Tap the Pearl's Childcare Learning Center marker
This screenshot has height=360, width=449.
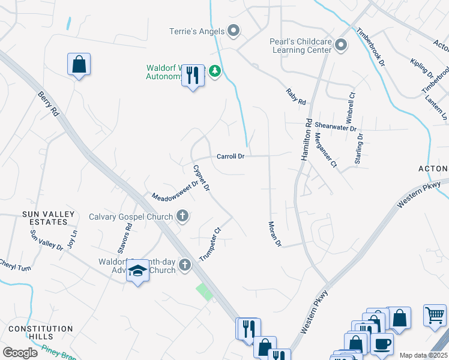tap(341, 45)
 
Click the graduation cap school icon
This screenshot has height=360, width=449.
tap(138, 272)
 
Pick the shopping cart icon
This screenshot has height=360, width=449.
tap(435, 314)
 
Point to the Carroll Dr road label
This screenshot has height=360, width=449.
tap(231, 157)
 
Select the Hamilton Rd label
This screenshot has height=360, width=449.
tap(306, 140)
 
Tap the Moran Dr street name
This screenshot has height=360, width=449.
tap(274, 233)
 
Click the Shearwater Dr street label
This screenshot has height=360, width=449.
tap(336, 128)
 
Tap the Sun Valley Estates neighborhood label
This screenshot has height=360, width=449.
tap(49, 218)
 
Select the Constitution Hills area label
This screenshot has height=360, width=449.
tap(40, 333)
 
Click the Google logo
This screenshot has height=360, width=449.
tap(20, 352)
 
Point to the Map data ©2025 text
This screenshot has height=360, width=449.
tap(423, 355)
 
